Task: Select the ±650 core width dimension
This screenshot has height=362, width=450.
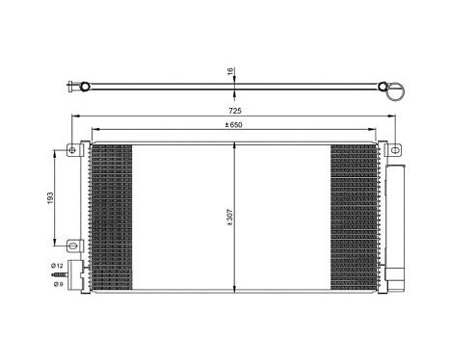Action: point(234,124)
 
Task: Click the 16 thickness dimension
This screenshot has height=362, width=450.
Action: point(230,69)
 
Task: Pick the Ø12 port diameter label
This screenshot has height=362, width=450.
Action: point(58,265)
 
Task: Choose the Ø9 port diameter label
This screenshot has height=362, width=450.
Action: point(58,284)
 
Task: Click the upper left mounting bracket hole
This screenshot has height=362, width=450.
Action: point(71,149)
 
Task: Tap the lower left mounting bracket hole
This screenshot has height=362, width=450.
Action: point(70,243)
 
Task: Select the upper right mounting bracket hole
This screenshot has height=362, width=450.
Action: point(393,149)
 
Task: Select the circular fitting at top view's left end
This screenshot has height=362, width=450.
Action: point(86,88)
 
